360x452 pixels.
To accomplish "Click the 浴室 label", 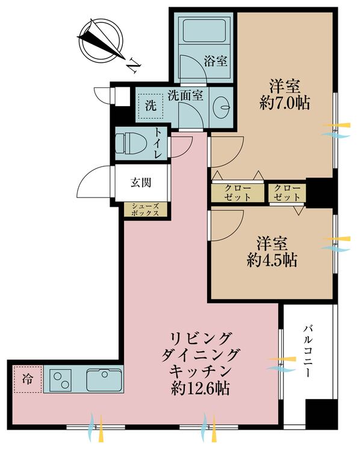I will (215, 61).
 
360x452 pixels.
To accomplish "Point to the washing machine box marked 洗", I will (151, 107).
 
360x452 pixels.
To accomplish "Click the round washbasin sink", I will (222, 108).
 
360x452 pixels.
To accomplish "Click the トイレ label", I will (158, 143).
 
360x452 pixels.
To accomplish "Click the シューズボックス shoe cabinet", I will (146, 209).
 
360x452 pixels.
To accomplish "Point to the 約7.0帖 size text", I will (285, 103).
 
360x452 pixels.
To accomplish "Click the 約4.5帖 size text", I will (272, 260).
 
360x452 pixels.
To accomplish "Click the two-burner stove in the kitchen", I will (63, 380).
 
